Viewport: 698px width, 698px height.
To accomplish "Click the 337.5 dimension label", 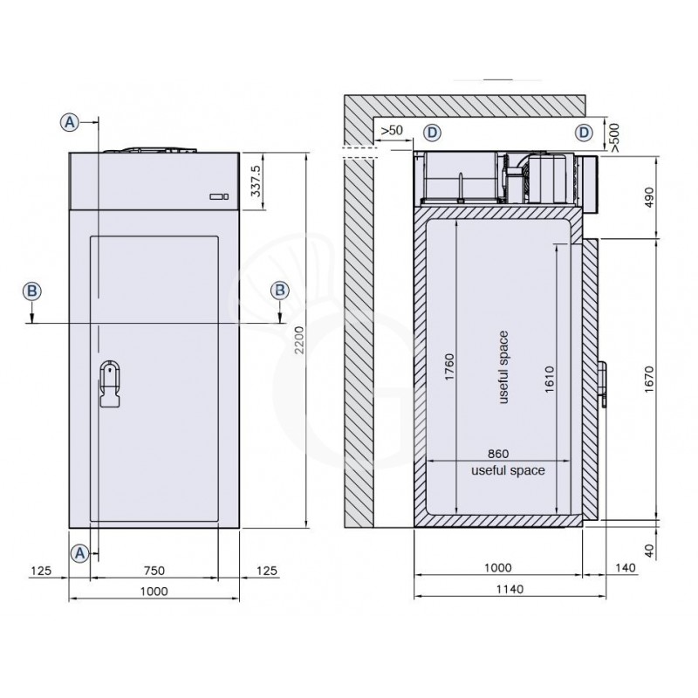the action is coord(256,181).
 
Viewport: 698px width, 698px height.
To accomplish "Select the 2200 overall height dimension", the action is coord(299,340).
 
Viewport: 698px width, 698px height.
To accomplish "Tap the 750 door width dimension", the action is coord(154,571).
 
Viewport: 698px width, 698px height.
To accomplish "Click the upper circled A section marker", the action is coord(70,122).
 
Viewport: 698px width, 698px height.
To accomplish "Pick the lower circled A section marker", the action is coord(79,553).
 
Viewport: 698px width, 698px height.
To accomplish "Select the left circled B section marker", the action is coord(32,291).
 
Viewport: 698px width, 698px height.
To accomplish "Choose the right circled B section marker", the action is coord(280,291).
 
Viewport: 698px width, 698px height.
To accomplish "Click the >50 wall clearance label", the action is coord(392,130).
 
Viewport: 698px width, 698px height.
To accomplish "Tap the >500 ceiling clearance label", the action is coord(614,138).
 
